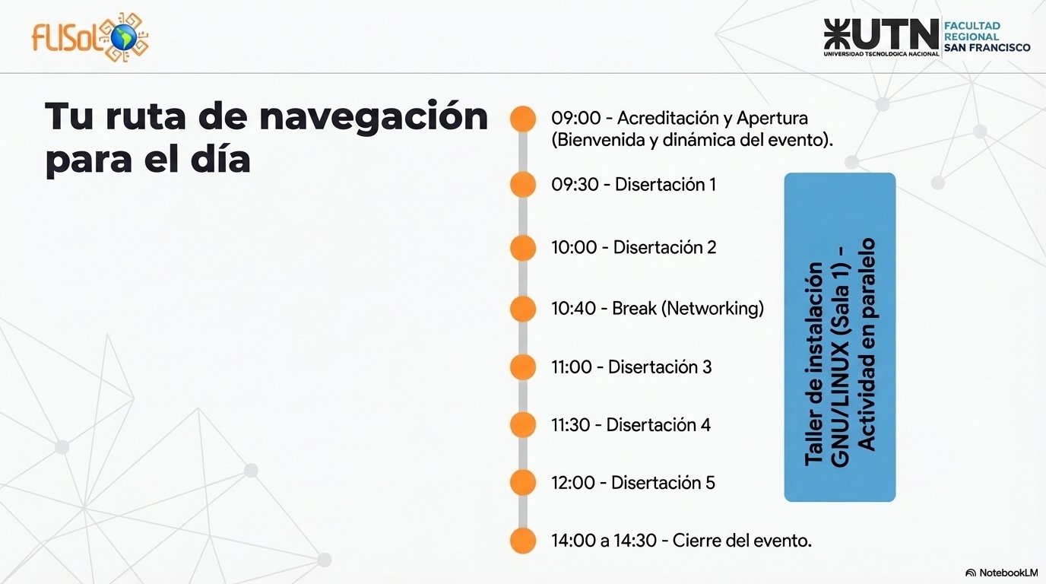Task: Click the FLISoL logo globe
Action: (x=123, y=37)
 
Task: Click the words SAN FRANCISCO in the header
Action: (x=987, y=48)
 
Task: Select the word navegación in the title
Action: (x=373, y=117)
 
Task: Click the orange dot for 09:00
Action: (x=522, y=119)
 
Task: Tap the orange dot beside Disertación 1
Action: (x=522, y=185)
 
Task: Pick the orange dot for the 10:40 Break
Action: (x=522, y=309)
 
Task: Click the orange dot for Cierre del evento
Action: (x=522, y=541)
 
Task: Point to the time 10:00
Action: (x=574, y=248)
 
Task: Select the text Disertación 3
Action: (x=660, y=367)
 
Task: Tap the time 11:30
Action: (x=573, y=425)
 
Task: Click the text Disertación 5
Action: (x=663, y=483)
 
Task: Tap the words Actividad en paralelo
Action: (x=867, y=344)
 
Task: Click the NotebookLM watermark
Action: (x=1001, y=573)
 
